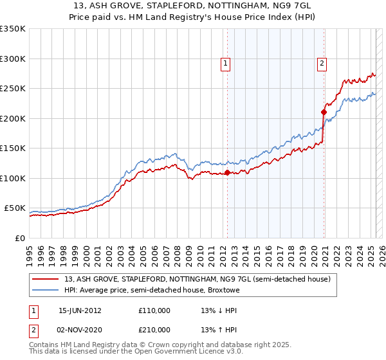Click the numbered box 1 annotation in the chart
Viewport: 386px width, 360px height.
click(226, 63)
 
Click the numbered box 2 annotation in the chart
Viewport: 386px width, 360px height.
click(321, 63)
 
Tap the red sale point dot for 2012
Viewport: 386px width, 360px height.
click(227, 172)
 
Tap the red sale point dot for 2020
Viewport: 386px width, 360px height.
click(324, 113)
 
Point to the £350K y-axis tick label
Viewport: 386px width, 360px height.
click(13, 29)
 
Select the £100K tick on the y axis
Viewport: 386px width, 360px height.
click(13, 178)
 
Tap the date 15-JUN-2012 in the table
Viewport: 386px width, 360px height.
click(80, 310)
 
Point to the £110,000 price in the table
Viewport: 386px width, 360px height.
click(154, 310)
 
